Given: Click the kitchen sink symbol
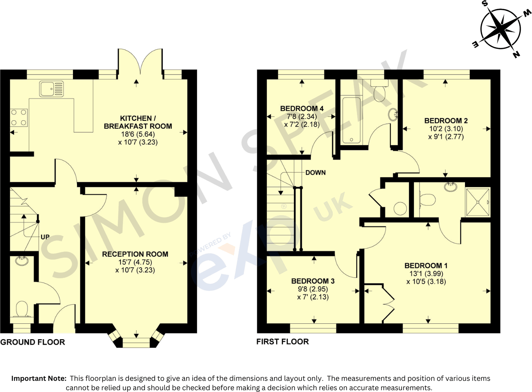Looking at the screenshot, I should point(52,89).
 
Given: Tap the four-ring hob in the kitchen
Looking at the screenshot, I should point(19,118).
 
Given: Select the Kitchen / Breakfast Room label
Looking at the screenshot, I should point(138,122).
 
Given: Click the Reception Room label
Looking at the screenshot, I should point(135,254).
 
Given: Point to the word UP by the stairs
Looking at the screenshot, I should point(45,237).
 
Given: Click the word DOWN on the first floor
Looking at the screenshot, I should point(315,172).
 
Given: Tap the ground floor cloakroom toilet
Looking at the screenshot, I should point(22,309).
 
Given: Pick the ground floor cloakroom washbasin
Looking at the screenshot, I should point(22,261).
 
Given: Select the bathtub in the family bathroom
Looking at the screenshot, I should point(351,120).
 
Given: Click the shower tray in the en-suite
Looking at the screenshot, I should point(477,202).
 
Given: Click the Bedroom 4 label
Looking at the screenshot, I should point(302,109).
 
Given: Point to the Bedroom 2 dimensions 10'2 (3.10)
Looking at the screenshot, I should point(446,129).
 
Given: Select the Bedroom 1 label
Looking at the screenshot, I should point(426,265).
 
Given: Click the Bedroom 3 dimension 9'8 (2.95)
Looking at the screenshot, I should point(313,289).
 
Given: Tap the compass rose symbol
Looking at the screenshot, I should point(500,29).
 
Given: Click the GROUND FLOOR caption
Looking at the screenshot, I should point(33,342).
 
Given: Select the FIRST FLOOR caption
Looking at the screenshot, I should point(282,342).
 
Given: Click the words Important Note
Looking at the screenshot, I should point(39,378).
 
